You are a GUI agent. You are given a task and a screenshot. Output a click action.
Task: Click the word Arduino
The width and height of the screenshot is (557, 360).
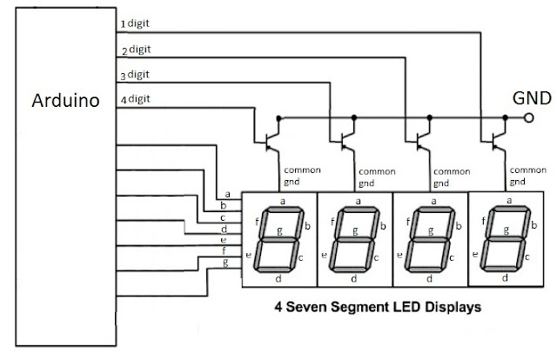65,101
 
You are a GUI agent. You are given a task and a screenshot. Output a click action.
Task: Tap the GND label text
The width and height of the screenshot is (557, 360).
532,98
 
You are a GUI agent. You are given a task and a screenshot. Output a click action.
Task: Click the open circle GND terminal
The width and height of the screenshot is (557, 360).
528,117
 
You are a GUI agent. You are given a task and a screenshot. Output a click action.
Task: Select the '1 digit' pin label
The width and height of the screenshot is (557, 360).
135,23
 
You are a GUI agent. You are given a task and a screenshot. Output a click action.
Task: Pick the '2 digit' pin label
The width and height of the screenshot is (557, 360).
136,50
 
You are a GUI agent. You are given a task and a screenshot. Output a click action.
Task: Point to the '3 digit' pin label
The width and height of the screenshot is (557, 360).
135,75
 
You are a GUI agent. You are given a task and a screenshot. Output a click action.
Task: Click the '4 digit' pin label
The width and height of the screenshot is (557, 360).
135,99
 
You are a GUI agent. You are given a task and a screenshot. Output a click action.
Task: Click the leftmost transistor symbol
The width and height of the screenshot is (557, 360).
272,142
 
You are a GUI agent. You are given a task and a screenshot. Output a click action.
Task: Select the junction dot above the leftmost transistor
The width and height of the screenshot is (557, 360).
278,118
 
